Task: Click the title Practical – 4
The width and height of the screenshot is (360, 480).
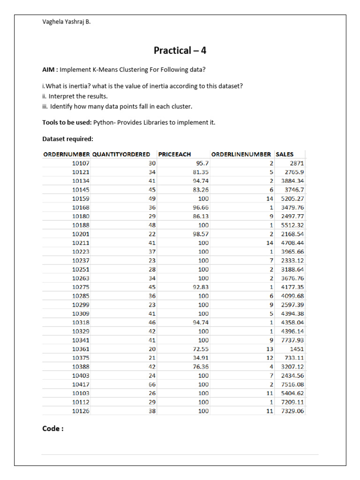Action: [180, 50]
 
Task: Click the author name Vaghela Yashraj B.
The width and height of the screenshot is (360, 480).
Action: [66, 21]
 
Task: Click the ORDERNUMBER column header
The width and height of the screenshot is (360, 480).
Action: [67, 154]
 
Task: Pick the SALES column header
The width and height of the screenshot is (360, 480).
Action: [285, 154]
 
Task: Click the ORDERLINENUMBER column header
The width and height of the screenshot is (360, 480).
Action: [241, 154]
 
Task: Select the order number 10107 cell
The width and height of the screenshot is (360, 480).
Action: [81, 163]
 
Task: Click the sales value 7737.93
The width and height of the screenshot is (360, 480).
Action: [292, 340]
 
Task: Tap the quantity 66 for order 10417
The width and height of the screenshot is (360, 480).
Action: [151, 384]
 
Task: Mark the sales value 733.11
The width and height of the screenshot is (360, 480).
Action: [295, 358]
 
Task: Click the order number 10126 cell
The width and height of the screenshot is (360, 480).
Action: [81, 411]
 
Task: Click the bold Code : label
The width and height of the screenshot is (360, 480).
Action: [53, 428]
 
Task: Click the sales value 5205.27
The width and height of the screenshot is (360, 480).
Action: [292, 198]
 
